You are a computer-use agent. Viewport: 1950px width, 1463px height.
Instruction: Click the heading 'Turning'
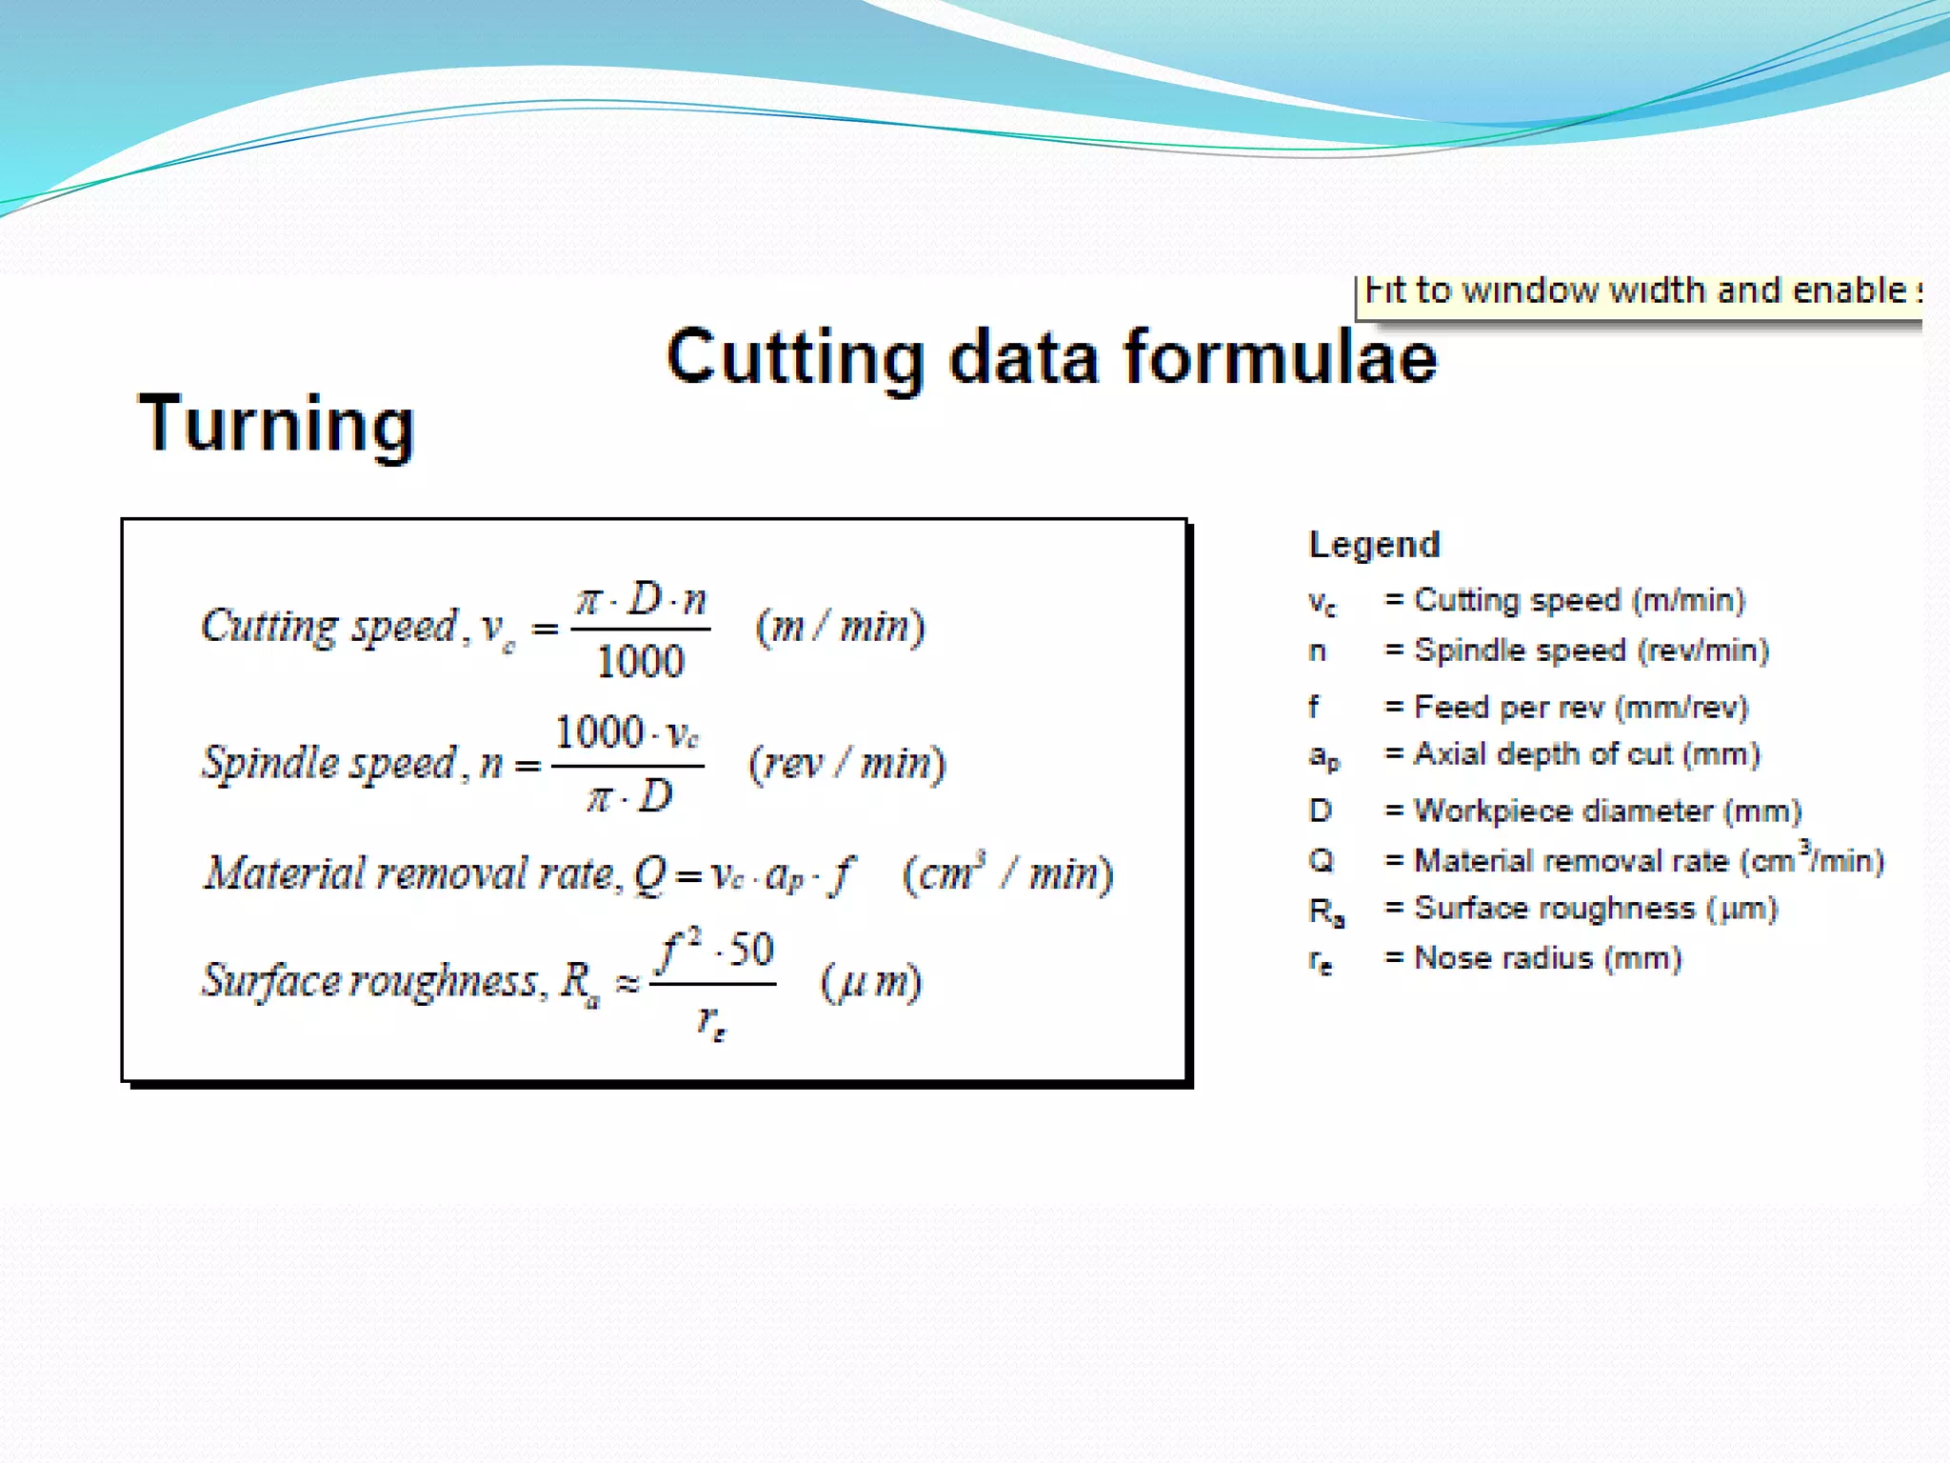tap(276, 425)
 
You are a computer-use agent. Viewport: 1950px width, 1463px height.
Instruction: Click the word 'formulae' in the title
tap(1280, 358)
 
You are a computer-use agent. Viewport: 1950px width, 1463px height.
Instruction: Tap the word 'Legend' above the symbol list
tap(1374, 545)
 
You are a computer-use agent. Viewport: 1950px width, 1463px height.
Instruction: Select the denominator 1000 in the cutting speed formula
tap(641, 662)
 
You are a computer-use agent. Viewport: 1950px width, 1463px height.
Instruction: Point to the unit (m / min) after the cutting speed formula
tap(840, 627)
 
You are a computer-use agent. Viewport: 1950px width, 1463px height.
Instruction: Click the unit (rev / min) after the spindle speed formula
tap(846, 764)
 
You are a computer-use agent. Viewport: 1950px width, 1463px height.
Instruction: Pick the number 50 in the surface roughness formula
tap(752, 950)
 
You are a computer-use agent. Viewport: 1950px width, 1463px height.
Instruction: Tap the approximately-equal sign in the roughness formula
tap(627, 983)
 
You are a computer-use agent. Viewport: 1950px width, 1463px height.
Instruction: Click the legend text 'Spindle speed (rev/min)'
tap(1591, 651)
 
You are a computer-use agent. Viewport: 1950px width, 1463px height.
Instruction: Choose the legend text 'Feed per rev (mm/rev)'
tap(1582, 708)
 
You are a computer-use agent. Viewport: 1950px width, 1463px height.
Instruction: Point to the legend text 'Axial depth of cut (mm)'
tap(1586, 754)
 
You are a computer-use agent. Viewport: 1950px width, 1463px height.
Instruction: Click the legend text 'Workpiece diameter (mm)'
tap(1607, 812)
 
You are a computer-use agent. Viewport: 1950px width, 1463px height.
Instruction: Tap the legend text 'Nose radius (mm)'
tap(1547, 957)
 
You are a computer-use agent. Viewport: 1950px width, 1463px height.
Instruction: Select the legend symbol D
tap(1320, 812)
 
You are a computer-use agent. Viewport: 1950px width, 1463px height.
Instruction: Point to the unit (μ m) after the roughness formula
tap(871, 983)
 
